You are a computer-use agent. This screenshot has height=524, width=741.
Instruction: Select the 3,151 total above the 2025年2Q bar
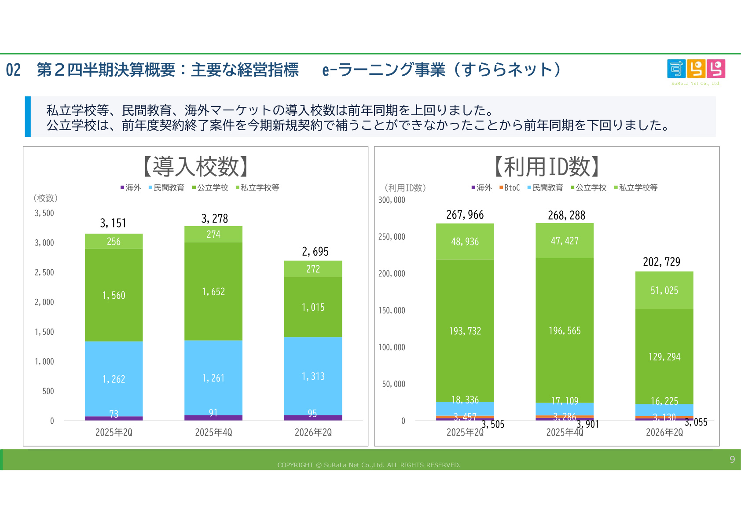[x=113, y=224]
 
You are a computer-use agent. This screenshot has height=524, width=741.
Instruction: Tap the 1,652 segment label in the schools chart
[x=213, y=291]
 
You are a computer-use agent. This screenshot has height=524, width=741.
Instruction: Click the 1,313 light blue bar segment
[x=313, y=376]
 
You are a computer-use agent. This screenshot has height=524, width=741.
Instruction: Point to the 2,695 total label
[x=315, y=252]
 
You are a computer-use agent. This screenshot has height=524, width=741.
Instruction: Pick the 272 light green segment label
[x=313, y=269]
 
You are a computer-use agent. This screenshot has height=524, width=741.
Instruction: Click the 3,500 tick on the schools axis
[x=44, y=213]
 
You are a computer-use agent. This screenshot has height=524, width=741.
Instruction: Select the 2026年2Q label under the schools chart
[x=313, y=432]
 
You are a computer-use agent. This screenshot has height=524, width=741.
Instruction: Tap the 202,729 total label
[x=661, y=262]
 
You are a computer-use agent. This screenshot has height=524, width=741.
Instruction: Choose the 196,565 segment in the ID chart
[x=565, y=330]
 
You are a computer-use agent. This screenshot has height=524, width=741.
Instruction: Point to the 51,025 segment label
[x=664, y=290]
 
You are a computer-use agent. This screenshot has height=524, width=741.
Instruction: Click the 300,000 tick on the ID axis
[x=392, y=200]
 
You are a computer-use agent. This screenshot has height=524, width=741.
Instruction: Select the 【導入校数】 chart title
[x=195, y=167]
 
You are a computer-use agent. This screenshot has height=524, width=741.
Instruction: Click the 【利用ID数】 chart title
[x=547, y=167]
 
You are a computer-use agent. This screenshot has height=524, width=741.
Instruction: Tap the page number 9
[x=732, y=459]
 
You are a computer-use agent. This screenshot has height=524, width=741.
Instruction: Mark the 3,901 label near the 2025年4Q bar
[x=587, y=424]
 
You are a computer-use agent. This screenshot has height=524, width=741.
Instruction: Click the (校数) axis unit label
[x=45, y=198]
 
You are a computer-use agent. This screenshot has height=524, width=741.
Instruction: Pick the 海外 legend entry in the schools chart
[x=131, y=187]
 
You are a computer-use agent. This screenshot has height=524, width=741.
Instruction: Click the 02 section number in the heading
[x=13, y=70]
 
